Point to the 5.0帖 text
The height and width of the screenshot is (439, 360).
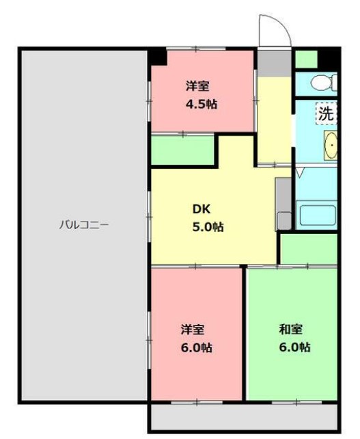(x=207, y=226)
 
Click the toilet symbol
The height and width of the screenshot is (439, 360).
(x=320, y=83)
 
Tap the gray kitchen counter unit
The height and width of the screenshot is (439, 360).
(x=283, y=204)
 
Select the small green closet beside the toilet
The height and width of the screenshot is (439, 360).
(x=307, y=59)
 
